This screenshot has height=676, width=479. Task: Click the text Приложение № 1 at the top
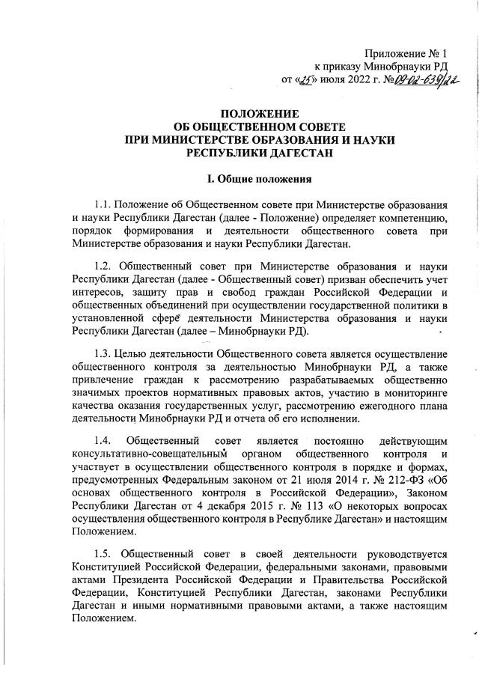coord(406,53)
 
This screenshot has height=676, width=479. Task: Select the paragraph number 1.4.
coord(104,440)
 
